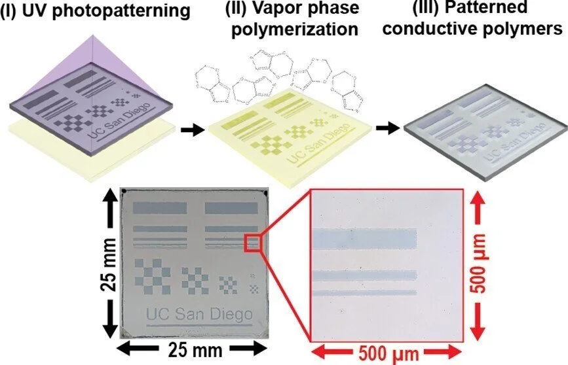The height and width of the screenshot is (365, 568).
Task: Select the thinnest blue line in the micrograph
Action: pyautogui.click(x=364, y=292)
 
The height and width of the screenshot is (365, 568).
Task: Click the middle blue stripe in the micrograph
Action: pyautogui.click(x=364, y=276)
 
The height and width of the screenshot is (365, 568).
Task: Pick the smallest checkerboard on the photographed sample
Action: pyautogui.click(x=254, y=285)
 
